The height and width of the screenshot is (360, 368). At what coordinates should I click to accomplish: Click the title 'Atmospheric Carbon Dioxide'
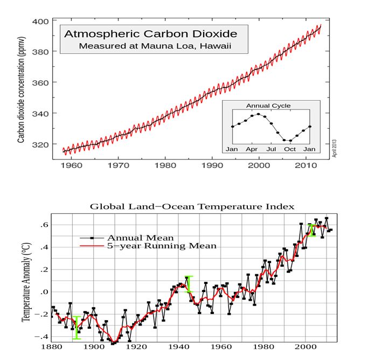click(x=151, y=34)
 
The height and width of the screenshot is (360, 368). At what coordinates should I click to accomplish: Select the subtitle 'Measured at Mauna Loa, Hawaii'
click(x=155, y=46)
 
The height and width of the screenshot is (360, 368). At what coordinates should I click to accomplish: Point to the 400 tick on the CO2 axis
click(x=43, y=21)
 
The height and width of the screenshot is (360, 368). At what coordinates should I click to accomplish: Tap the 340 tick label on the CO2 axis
click(x=43, y=114)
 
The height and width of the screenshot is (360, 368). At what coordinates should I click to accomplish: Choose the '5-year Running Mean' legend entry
click(x=162, y=246)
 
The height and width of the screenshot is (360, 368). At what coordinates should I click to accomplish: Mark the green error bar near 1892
click(x=77, y=328)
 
